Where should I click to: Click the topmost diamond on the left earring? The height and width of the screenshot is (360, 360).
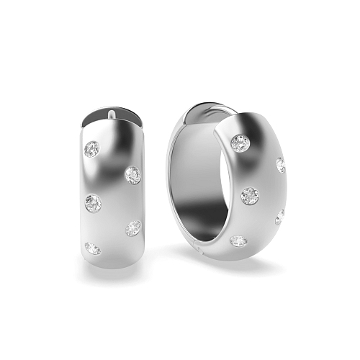click(91, 149)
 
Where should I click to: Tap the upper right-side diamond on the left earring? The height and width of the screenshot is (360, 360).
click(132, 174)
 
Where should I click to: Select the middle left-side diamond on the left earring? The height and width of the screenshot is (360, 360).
click(93, 203)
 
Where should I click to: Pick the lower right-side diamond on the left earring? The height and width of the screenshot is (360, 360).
click(133, 228)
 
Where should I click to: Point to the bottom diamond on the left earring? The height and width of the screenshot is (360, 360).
click(92, 248)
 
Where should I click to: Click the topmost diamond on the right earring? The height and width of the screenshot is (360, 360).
click(240, 143)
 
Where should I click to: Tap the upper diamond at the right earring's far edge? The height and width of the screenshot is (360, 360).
click(280, 165)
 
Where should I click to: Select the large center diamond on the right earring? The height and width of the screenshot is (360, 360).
click(249, 194)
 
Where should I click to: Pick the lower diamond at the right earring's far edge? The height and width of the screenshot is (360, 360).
click(279, 217)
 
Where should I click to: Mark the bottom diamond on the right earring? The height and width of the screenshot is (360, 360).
click(238, 240)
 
